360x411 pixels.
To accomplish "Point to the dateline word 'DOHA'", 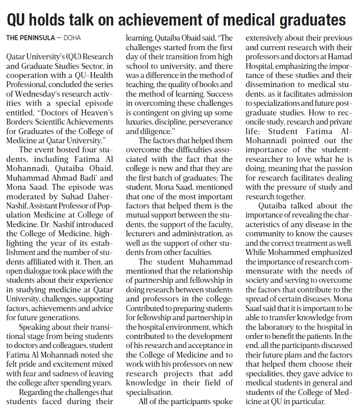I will tap(73, 37).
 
